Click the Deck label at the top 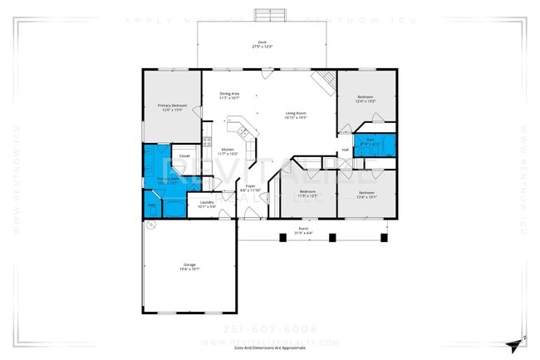tap(262, 42)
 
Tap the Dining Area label tap(230, 96)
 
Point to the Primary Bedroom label tap(173, 107)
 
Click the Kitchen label tap(228, 151)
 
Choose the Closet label tap(184, 155)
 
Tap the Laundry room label tap(207, 203)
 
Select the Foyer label tap(250, 188)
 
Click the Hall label tap(345, 150)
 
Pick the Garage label tap(189, 266)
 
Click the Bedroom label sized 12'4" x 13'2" tap(366, 99)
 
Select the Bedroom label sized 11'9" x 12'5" tap(307, 194)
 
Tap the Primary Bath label tap(164, 180)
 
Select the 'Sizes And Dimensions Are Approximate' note tap(269, 348)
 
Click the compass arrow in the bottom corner tap(518, 343)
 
